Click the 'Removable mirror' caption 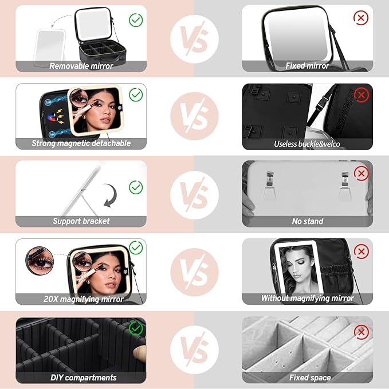tap(81, 66)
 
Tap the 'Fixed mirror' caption tap(307, 66)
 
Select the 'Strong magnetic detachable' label tap(81, 143)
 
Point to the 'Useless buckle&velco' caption tap(307, 144)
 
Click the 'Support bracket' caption tap(81, 221)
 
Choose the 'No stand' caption tap(307, 221)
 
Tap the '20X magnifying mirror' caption tap(81, 298)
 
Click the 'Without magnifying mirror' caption tap(307, 298)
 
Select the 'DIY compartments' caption tap(81, 378)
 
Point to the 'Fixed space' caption tap(307, 378)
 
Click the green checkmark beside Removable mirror tap(136, 20)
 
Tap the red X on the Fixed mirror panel tap(361, 18)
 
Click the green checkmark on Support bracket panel tap(136, 187)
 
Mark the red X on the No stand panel tap(361, 173)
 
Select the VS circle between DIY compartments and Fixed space tap(194, 349)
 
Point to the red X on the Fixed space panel tap(361, 331)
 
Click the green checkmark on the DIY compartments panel tap(136, 328)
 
